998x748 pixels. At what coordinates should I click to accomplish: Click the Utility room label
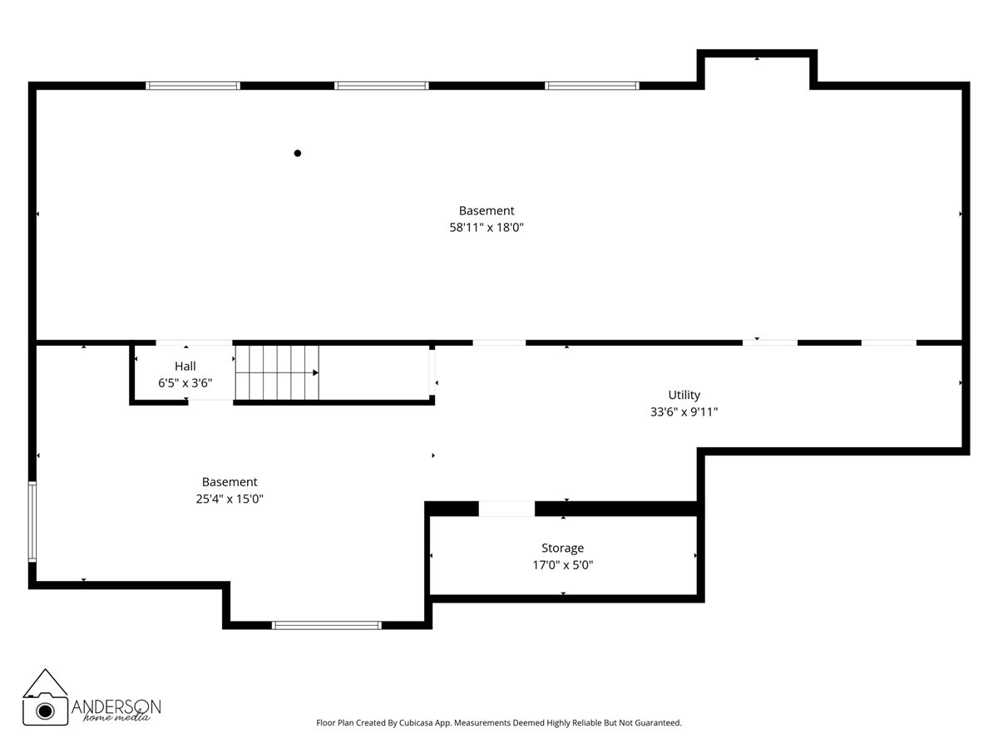coord(684,395)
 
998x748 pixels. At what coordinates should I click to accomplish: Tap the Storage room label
coord(562,548)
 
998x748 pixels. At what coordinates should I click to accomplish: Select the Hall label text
coord(185,366)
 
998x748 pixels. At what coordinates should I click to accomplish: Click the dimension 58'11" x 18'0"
coord(487,227)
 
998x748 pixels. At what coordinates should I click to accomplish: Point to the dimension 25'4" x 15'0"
coord(230,499)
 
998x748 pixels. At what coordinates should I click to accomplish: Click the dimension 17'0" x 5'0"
coord(562,565)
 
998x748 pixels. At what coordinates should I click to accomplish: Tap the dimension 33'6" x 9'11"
coord(684,411)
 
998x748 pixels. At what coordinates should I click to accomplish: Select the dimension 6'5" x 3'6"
coord(185,383)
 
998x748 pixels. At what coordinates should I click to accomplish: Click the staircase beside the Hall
coord(277,373)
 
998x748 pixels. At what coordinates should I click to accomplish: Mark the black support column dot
coord(298,153)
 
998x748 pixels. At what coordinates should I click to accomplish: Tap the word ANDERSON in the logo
coord(116,706)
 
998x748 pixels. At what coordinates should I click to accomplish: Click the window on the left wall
coord(32,522)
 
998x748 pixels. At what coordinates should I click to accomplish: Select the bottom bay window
coord(327,625)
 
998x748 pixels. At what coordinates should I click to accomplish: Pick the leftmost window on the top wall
coord(193,86)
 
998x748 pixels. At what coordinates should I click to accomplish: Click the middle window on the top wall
coord(382,86)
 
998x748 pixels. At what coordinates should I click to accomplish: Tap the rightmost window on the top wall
coord(592,86)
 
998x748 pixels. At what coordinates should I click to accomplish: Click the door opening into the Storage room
coord(506,509)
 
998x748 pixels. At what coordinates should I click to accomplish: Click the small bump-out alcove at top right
coord(757,70)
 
